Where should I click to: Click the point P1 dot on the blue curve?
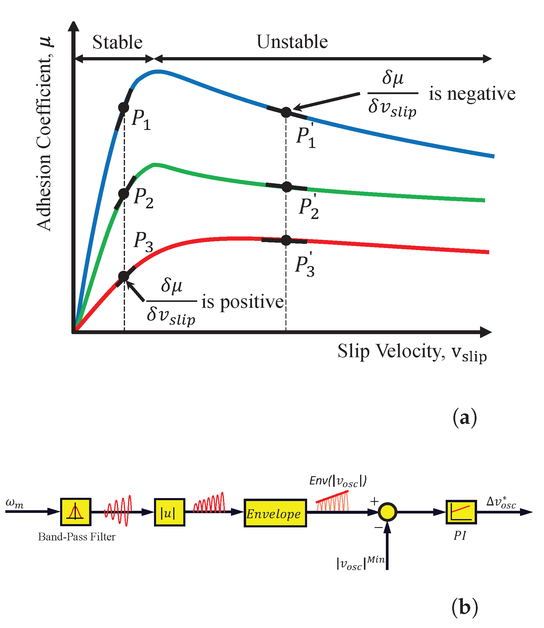(x=123, y=107)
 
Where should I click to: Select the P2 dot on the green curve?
(x=123, y=194)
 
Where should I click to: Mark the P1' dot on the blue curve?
(x=286, y=112)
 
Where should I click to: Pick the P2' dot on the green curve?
(x=286, y=187)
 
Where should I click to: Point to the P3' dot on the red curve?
(x=286, y=240)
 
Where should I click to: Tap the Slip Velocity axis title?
(x=412, y=352)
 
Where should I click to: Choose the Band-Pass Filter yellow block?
(x=76, y=511)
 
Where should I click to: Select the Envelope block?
(x=275, y=513)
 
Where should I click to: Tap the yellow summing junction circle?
(x=388, y=512)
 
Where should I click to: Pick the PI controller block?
(x=461, y=512)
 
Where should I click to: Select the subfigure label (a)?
(x=464, y=418)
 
